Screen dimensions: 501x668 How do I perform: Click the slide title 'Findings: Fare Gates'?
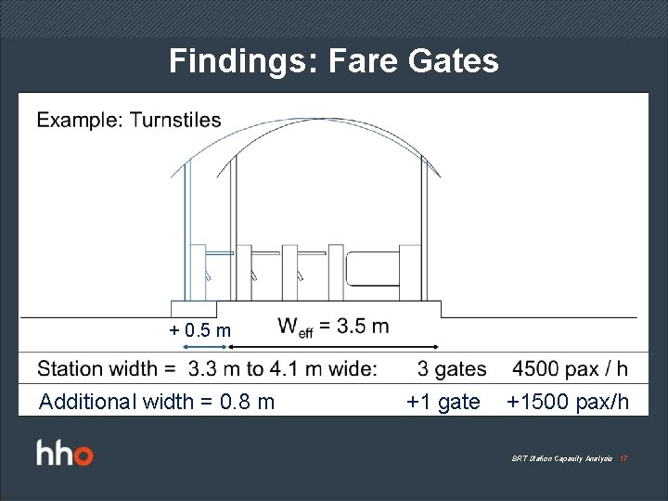334,62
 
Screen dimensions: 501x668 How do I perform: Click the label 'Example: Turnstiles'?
129,120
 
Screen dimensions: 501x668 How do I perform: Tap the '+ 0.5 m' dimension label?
199,330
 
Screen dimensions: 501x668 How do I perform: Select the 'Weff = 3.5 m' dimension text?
333,327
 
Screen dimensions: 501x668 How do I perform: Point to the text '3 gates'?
452,368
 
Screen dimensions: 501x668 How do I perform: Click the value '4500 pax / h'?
570,368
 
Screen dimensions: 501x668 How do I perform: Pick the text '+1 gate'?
443,402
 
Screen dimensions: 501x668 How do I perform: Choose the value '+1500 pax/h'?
567,402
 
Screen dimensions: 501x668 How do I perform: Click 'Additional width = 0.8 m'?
156,402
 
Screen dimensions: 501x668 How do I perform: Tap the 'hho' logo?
64,455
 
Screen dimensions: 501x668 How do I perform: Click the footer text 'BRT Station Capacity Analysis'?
561,459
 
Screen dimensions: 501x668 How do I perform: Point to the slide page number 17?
624,459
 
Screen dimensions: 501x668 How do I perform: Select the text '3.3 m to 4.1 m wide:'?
282,368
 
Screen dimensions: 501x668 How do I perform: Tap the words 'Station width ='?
107,368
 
